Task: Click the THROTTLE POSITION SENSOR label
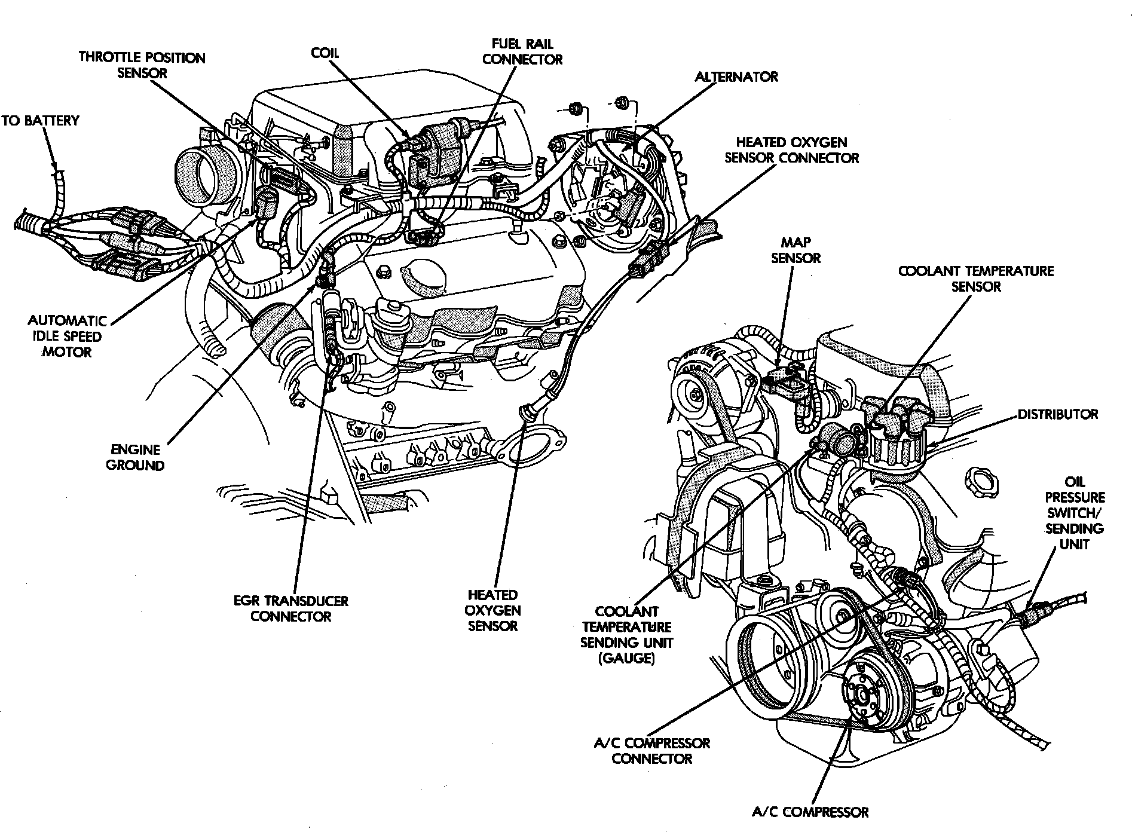(142, 65)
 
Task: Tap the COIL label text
(325, 53)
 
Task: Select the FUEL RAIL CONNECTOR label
(522, 51)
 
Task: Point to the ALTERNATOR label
(736, 77)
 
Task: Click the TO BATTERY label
(40, 121)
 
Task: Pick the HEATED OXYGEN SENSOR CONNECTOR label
(791, 150)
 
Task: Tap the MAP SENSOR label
(796, 250)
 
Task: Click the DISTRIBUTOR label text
(1058, 414)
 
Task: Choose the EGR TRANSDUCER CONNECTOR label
(291, 608)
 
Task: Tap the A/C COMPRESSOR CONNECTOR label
(651, 751)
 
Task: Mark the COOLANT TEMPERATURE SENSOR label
(976, 279)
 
